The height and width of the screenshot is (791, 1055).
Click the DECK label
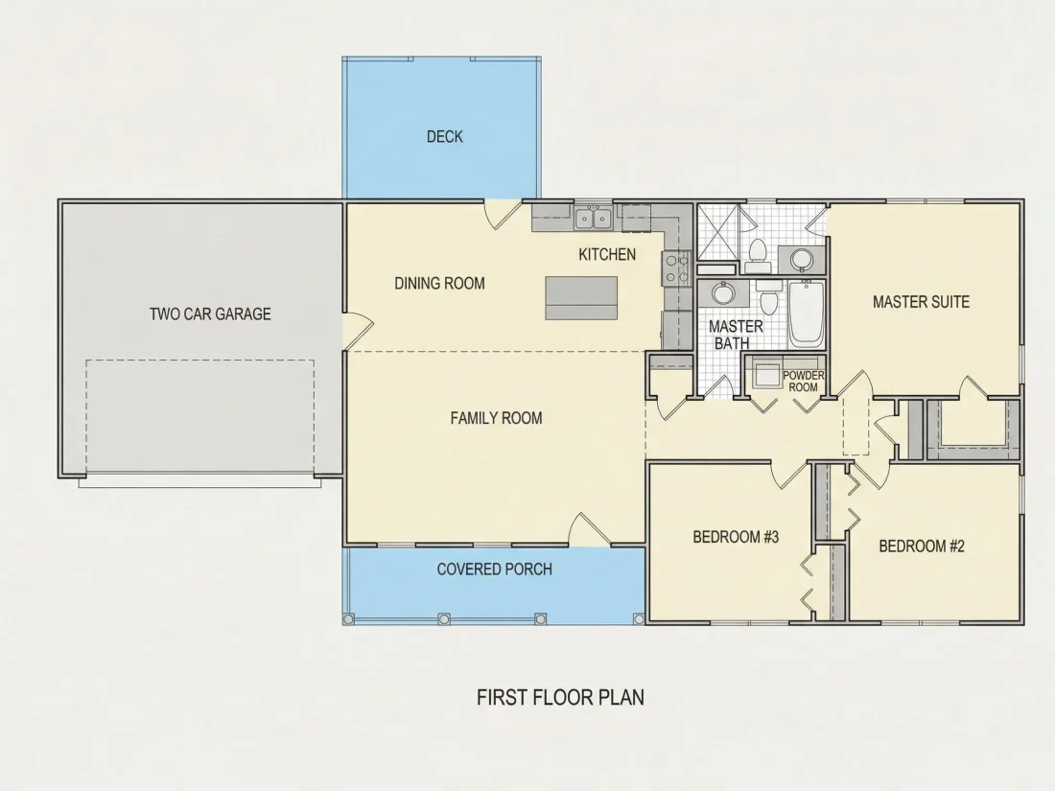coord(445,136)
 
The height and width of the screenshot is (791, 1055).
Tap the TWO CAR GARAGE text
coord(210,314)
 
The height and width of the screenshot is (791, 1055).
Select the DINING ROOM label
coord(439,283)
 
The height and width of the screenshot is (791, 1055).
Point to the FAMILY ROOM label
coord(496,418)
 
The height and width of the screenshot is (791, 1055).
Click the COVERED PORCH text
coord(495,569)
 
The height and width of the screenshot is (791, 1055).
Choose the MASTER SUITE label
coord(921,302)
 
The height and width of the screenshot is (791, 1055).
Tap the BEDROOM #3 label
coord(736,537)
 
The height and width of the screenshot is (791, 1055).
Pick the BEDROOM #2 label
coord(921,547)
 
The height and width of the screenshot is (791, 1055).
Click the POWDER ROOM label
coord(803,382)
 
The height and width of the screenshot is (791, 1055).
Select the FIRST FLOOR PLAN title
coord(560,697)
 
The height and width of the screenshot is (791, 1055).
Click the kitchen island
coord(581,298)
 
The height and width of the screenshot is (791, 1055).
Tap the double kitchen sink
coord(594,219)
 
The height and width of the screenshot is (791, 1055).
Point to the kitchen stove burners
coord(676,268)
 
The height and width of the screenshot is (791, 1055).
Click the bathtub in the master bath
coord(806,314)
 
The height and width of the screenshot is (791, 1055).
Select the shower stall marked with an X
coord(718,232)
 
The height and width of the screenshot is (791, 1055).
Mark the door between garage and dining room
coord(358,331)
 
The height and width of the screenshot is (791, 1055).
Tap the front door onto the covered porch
coord(590,529)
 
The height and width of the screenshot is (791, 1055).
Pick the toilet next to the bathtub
coord(768,299)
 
